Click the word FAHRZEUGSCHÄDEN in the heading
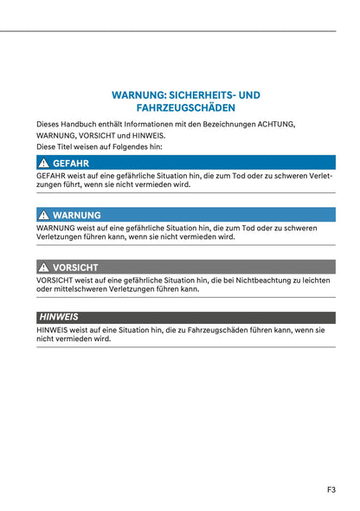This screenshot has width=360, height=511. (186, 108)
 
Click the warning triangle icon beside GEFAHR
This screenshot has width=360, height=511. (43, 163)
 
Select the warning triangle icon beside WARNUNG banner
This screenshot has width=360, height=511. (43, 215)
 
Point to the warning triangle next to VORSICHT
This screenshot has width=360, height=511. (43, 268)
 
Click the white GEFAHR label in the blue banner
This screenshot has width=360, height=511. (70, 163)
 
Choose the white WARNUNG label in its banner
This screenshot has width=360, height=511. (76, 215)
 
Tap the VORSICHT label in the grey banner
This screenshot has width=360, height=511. (75, 268)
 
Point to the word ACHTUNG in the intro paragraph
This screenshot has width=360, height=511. (274, 124)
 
